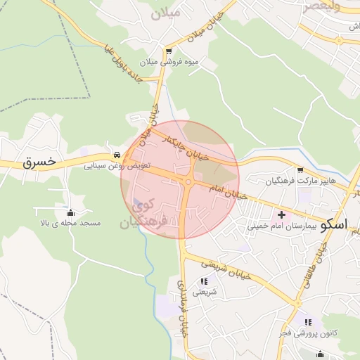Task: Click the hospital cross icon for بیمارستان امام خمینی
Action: (283, 214)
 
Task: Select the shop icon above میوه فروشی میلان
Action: (168, 51)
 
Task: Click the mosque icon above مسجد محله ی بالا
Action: (70, 212)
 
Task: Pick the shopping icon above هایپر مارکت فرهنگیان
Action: (301, 170)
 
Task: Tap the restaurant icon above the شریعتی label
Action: (204, 281)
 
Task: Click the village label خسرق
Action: (39, 162)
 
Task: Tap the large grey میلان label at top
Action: (166, 12)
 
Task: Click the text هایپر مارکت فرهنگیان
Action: (301, 181)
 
